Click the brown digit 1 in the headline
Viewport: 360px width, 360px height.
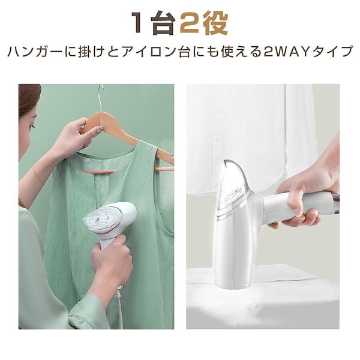(138, 23)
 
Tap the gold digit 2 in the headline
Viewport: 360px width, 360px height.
(190, 23)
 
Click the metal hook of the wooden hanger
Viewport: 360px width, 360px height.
(100, 97)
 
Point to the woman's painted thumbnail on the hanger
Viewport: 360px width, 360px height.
(100, 129)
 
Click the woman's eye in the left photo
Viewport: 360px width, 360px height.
(33, 127)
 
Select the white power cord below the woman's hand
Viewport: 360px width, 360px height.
(120, 308)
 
